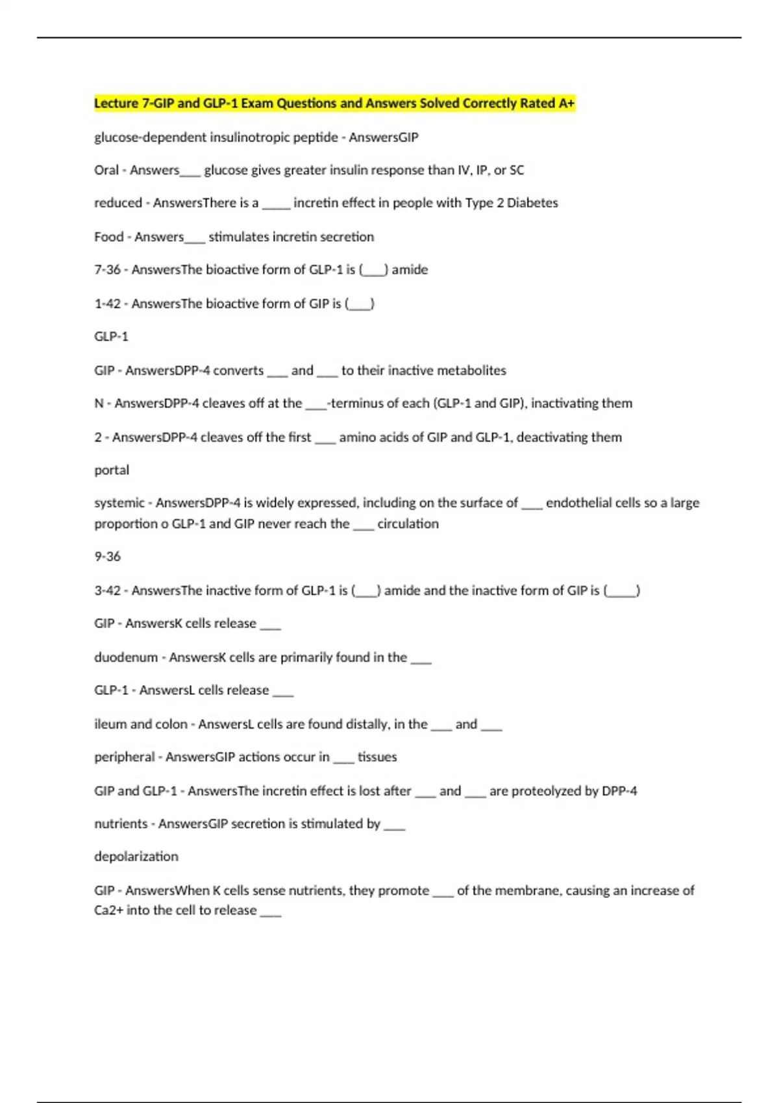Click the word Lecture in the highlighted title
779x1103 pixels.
tap(116, 103)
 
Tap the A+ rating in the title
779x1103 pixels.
tap(566, 103)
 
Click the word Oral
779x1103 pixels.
tap(106, 170)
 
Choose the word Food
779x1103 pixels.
tap(108, 237)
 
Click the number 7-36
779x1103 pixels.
tap(107, 270)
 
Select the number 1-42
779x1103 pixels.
tap(107, 304)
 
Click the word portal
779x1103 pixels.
tap(112, 470)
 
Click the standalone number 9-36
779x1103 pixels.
tap(107, 557)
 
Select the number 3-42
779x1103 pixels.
tap(107, 590)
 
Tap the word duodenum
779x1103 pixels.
tap(126, 657)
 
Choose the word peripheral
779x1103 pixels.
tap(125, 757)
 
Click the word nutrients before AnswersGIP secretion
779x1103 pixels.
tap(121, 824)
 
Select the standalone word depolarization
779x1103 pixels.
tap(136, 856)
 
